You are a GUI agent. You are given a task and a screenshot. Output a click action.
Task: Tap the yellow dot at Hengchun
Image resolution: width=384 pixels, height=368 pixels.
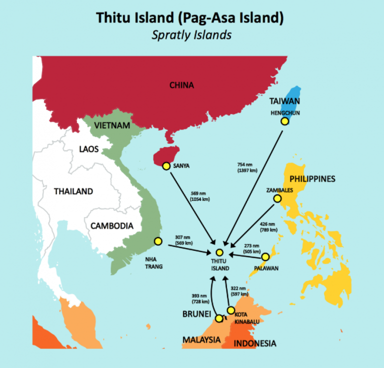coord(284,121)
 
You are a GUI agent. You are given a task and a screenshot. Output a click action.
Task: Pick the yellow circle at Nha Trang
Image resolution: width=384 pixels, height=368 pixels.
coord(158,241)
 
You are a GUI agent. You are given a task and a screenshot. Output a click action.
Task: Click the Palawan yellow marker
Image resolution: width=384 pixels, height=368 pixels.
coord(265,257)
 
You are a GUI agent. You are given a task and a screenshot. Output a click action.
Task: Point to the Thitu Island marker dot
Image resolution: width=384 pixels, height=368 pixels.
coord(219,253)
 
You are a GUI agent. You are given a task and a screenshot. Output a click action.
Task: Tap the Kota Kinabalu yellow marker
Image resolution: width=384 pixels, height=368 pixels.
coord(230,310)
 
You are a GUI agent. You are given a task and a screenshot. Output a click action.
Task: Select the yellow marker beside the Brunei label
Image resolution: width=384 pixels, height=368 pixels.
coord(218,318)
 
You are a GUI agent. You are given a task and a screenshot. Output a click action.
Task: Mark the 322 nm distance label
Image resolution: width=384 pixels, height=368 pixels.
coord(238,291)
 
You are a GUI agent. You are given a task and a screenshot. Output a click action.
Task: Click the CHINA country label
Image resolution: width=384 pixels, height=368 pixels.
coord(181,85)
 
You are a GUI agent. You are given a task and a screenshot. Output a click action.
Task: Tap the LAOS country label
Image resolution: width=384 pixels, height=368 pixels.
coord(88,149)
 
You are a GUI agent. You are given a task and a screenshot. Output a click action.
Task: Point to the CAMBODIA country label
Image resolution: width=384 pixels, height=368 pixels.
coord(112,225)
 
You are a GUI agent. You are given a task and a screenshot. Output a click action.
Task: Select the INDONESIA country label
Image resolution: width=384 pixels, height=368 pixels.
coord(254,343)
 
